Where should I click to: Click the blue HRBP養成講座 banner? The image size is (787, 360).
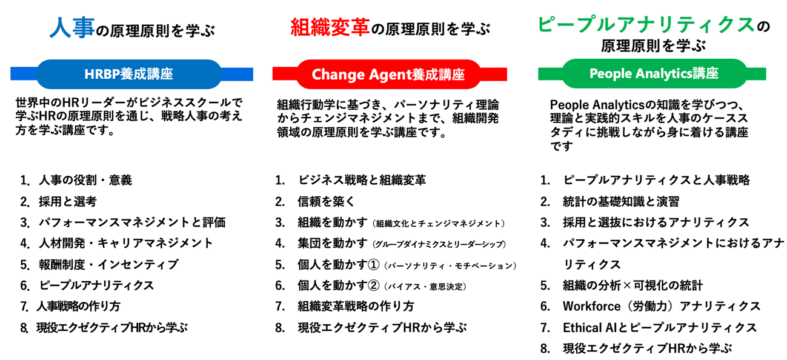[129, 74]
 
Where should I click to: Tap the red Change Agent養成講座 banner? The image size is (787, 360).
[388, 75]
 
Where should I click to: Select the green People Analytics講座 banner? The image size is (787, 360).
[654, 73]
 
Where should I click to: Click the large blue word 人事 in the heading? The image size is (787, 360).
[71, 28]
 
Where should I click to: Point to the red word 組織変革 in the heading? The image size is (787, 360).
[330, 27]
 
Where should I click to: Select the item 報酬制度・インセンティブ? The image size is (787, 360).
[108, 264]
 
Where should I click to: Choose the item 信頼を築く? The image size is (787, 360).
[326, 201]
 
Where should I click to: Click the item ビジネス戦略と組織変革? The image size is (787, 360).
[362, 180]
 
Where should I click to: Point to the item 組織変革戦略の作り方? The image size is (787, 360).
[356, 306]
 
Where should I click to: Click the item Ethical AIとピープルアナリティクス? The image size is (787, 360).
[660, 327]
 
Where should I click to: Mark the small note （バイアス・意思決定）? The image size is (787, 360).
[425, 286]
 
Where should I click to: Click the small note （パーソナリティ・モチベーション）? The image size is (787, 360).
[451, 265]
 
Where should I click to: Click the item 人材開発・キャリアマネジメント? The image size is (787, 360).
[126, 243]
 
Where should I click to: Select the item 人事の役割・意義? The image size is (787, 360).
[85, 180]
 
